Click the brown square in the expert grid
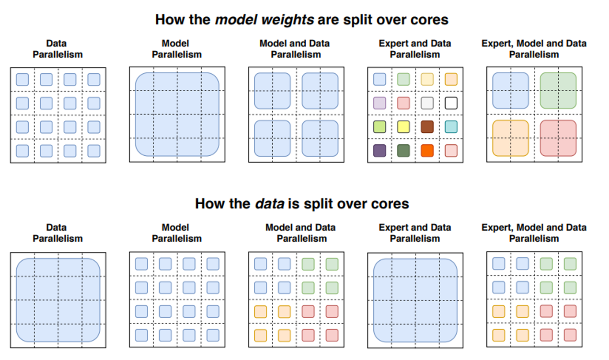click(427, 127)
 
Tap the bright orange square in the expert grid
click(427, 150)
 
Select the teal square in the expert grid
click(451, 127)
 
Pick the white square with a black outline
click(451, 103)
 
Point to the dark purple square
click(380, 150)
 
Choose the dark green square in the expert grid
click(403, 150)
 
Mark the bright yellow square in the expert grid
click(403, 127)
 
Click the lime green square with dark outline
click(380, 127)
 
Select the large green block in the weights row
click(558, 90)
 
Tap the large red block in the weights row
click(558, 138)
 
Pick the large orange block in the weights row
click(510, 138)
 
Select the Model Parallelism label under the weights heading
click(177, 49)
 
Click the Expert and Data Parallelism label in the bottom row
click(415, 232)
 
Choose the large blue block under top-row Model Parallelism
click(177, 114)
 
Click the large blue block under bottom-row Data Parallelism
click(58, 300)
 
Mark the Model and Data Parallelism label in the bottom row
click(301, 232)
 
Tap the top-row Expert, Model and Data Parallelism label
click(534, 49)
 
